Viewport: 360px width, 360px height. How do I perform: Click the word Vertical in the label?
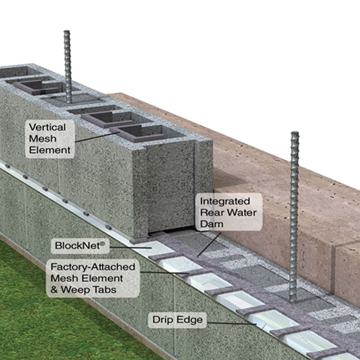tap(48, 127)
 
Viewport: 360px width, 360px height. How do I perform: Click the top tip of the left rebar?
tap(67, 32)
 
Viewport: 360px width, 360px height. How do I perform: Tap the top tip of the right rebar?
tap(295, 134)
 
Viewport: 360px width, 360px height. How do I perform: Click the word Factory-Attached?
tap(92, 266)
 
